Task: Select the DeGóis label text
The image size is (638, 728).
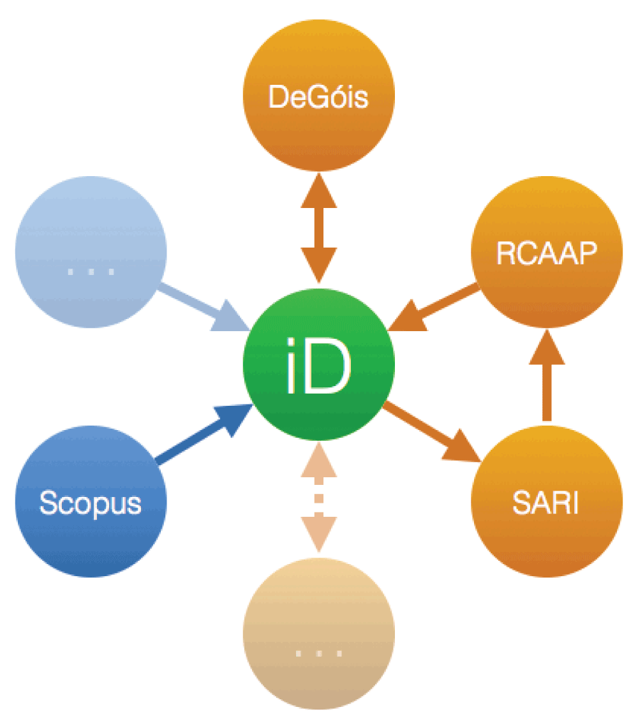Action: coord(318,98)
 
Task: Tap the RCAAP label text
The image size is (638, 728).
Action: coord(547,254)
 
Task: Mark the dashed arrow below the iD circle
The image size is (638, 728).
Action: coord(318,498)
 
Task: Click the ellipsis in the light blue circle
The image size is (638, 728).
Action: coord(91,271)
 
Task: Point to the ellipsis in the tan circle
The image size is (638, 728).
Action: coord(319,653)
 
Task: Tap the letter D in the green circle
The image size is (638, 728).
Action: coord(330,372)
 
